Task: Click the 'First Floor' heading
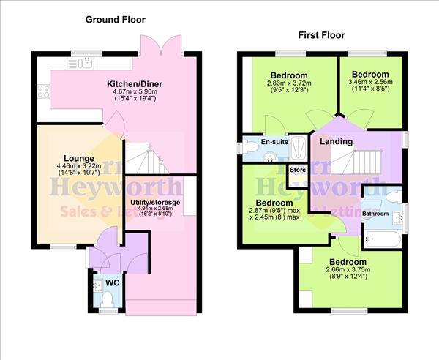coord(320,34)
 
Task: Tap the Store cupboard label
coord(297,170)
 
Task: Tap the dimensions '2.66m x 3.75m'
coord(347,270)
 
